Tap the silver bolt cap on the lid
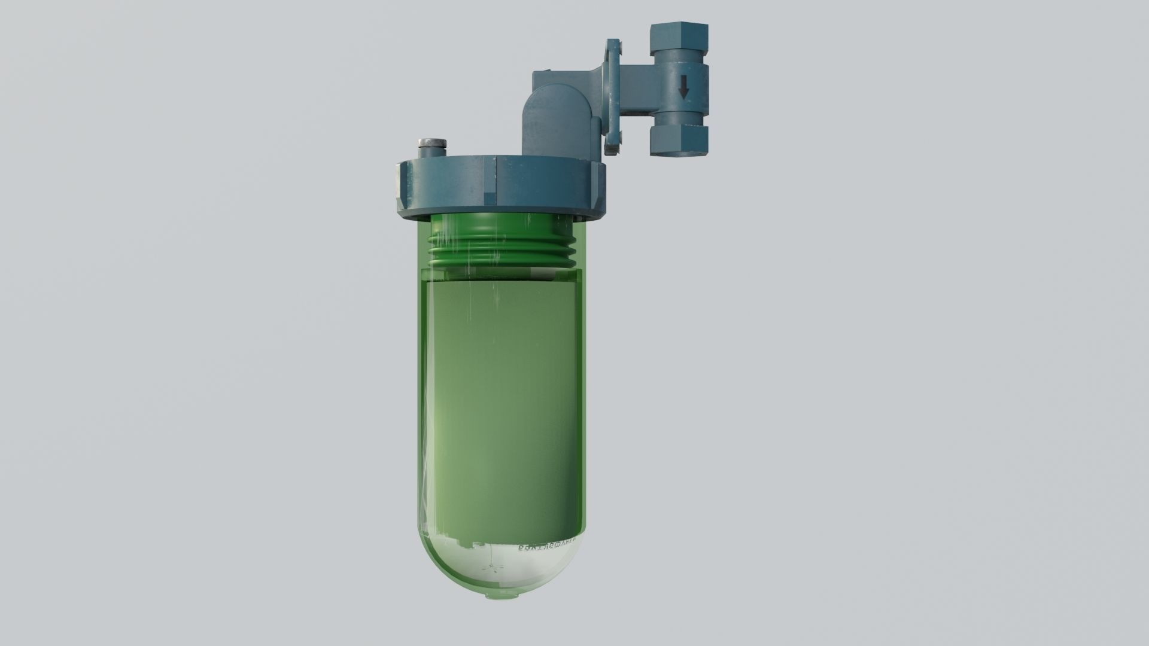(x=431, y=144)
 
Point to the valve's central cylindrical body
(x=684, y=90)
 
